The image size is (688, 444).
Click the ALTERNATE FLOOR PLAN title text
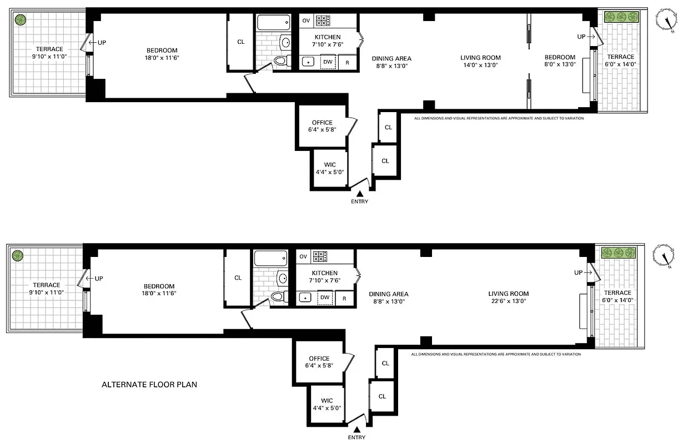click(149, 384)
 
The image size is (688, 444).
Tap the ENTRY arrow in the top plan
click(360, 194)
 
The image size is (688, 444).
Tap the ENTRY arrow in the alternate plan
click(357, 429)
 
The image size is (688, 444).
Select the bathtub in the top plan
click(273, 23)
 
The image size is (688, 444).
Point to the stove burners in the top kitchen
click(323, 21)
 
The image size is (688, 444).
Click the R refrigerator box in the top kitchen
click(348, 62)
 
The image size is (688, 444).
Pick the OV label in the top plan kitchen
click(306, 21)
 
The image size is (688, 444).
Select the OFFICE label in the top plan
click(322, 123)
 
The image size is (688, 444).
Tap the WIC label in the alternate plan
click(327, 400)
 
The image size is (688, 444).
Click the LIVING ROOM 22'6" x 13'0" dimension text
click(508, 301)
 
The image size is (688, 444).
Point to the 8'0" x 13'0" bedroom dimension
click(559, 64)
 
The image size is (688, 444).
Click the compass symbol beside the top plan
click(667, 21)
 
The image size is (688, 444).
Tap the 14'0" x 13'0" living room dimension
click(480, 64)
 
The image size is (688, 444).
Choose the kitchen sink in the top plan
click(307, 62)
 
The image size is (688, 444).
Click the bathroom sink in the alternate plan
click(283, 277)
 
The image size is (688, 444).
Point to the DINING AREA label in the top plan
click(391, 58)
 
